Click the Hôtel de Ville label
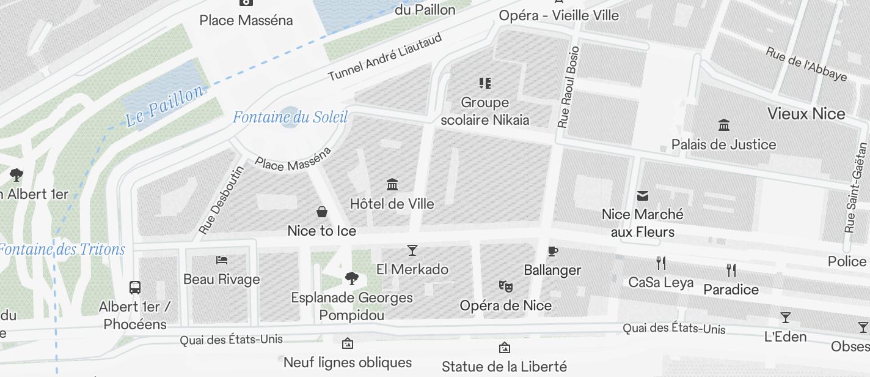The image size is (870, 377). pos(392,204)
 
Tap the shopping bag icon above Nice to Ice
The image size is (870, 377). pos(322,212)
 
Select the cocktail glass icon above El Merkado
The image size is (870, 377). pos(412,250)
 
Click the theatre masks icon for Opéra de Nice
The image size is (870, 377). pos(505,286)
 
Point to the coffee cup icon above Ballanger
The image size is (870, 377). pos(552,251)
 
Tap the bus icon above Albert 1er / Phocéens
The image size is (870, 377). pos(135,287)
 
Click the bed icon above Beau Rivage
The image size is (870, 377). pos(222,260)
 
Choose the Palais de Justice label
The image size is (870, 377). pos(723,145)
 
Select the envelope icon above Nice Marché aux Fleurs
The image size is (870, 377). pos(642,196)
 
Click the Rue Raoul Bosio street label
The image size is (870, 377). pos(568,87)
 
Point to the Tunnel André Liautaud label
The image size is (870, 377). pos(385,58)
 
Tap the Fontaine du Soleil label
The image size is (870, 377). pos(290,117)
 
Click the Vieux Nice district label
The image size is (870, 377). pos(806,114)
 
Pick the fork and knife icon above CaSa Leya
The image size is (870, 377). pos(660,263)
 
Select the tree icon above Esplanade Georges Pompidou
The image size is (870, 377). pos(351,279)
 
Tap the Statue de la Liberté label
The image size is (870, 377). pos(504,367)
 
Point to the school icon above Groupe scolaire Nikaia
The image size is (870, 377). pos(485,83)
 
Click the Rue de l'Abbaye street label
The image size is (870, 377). pos(806,64)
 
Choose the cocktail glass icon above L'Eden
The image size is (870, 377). pos(786,318)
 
